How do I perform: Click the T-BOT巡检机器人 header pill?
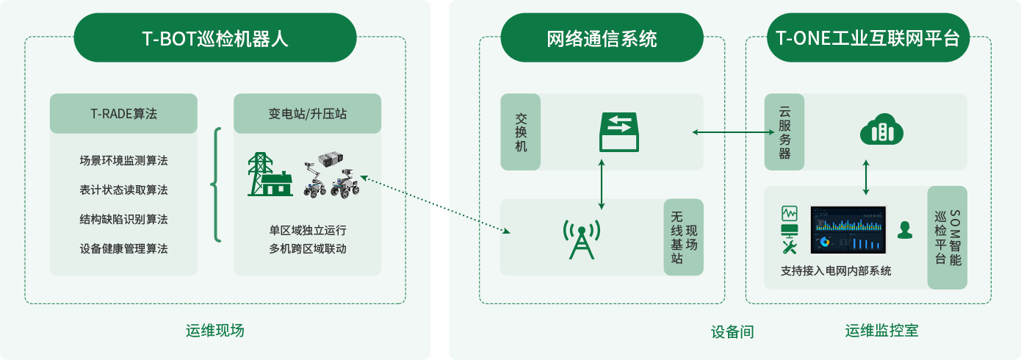215,37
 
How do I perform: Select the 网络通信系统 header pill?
602,37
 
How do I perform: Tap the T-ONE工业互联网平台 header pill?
868,37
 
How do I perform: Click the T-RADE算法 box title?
123,113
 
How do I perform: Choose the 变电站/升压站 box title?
307,113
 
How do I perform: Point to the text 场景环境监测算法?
123,160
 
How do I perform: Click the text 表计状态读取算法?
123,190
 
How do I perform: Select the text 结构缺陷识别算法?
123,219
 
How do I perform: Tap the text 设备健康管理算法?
123,248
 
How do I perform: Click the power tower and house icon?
270,175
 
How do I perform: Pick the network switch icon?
619,132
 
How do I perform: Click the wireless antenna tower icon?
582,240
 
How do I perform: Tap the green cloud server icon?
881,129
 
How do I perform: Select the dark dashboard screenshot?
848,230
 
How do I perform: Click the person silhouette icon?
905,230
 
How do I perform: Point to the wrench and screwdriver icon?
790,247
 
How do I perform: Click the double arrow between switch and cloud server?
733,132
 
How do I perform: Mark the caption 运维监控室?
881,331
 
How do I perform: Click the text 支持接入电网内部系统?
836,271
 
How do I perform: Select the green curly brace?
217,184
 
